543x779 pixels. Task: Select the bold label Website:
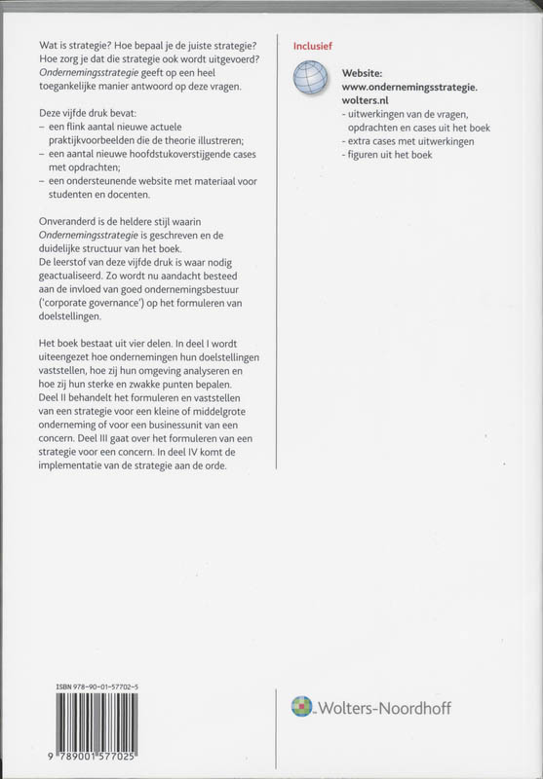368,73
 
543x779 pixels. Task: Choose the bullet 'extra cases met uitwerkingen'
413,141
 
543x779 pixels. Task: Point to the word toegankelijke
82,88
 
